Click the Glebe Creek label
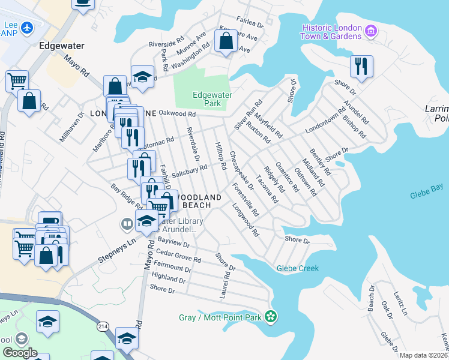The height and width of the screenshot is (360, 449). [298, 268]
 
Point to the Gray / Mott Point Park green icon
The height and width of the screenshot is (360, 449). [271, 316]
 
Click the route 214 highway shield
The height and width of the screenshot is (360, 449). [100, 326]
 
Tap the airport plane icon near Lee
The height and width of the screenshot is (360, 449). [27, 28]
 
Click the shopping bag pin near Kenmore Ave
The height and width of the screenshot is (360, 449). [226, 41]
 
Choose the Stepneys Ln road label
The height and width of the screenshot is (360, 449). [115, 254]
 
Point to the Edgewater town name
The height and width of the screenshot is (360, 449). [61, 46]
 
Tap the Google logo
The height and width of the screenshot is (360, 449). [20, 352]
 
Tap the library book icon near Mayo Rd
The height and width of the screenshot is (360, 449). [127, 225]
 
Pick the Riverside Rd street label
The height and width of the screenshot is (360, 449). [166, 44]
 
